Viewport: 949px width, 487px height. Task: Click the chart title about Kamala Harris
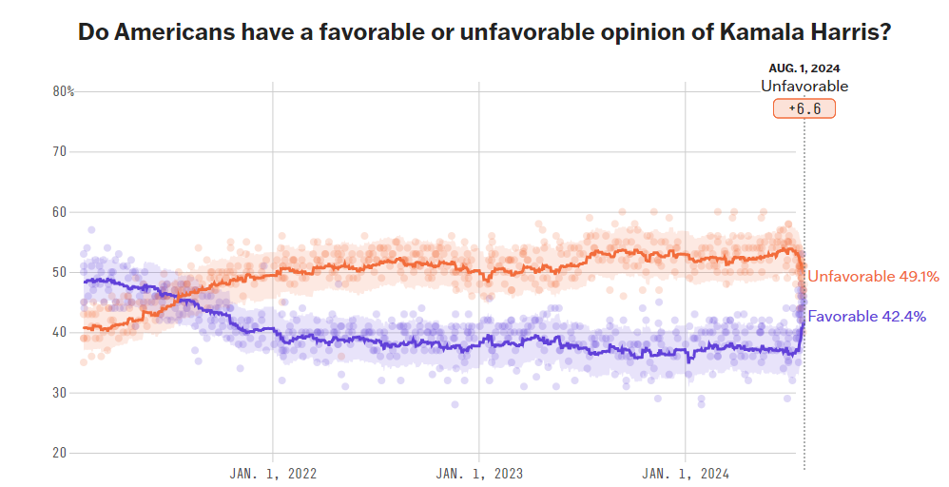point(484,31)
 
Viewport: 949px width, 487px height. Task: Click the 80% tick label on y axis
point(63,91)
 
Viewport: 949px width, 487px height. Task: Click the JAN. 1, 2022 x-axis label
point(274,473)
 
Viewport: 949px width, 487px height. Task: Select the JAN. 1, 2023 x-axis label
point(479,473)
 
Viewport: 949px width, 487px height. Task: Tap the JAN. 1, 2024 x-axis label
point(686,473)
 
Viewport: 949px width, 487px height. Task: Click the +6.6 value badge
point(804,108)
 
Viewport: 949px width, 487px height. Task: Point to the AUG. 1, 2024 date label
point(804,68)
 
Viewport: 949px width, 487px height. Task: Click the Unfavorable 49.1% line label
point(873,277)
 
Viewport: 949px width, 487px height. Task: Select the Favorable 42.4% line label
point(866,316)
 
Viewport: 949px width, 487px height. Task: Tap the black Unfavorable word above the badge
point(804,87)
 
